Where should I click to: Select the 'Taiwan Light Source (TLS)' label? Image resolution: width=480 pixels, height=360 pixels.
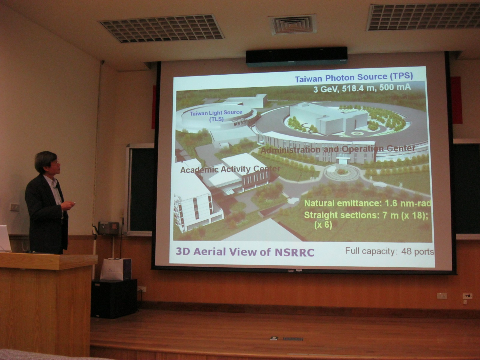(216, 116)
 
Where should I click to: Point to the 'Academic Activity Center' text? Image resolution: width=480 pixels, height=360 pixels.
(230, 169)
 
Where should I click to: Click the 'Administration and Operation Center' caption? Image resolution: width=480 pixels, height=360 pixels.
(338, 149)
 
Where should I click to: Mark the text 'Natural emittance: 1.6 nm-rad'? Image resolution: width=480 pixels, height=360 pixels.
(368, 203)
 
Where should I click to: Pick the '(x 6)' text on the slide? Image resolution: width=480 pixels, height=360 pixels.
(323, 225)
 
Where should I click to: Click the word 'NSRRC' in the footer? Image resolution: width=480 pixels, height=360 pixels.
(294, 253)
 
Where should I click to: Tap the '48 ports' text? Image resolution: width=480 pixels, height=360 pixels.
(418, 252)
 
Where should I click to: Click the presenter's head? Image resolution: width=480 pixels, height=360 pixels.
(47, 162)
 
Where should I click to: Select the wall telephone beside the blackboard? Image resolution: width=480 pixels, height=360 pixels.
(109, 228)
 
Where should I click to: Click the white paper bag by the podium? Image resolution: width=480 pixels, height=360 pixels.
(116, 269)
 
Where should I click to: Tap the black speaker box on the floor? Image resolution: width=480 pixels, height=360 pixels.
(114, 298)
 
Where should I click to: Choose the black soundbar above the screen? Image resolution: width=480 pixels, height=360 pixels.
(296, 57)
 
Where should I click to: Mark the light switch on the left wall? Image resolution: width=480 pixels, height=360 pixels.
(15, 207)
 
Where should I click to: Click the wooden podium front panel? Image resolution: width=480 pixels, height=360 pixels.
(46, 313)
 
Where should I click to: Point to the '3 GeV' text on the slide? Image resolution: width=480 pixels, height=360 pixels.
(326, 89)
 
